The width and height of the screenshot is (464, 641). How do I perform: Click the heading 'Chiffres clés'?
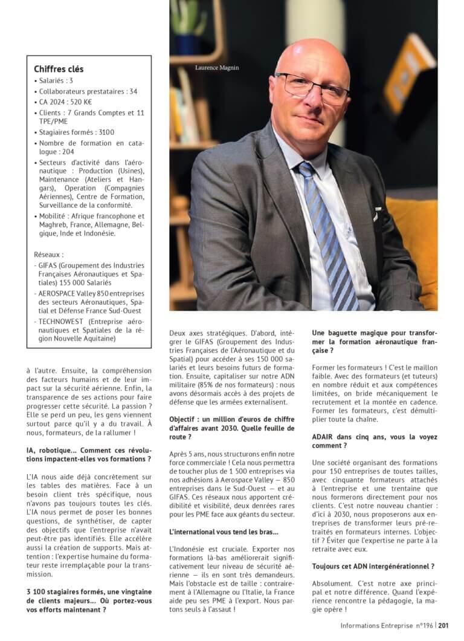coord(59,69)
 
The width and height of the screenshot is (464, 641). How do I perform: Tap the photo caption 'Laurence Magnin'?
coord(216,68)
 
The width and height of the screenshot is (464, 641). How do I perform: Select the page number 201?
coord(443,626)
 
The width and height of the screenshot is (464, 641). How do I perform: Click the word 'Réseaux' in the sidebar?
coord(48,255)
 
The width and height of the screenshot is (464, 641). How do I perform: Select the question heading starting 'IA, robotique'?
coord(89,451)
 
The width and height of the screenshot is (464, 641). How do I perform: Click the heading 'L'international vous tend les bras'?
coord(224,532)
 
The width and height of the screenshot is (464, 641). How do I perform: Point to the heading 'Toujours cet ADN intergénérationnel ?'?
coord(373,566)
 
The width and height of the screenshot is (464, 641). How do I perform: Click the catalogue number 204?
coord(68,152)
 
